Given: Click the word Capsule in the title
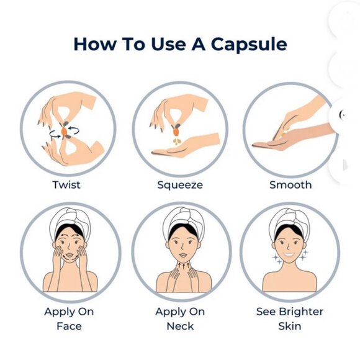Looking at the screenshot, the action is click(x=249, y=45).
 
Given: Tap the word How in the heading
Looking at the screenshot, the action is click(x=95, y=44).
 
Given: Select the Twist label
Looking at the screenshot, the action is click(x=66, y=185).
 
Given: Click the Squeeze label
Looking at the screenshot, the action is click(x=180, y=186).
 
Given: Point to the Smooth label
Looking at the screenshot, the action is click(x=290, y=185).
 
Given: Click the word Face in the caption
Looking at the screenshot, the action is click(x=69, y=326).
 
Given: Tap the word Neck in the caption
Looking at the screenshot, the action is click(x=180, y=326).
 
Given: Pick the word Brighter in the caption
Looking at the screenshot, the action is click(x=301, y=312).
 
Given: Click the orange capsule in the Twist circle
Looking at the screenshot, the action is click(x=64, y=131).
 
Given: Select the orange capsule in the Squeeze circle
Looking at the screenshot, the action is click(x=176, y=132).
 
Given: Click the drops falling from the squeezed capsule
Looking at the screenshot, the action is click(x=176, y=142).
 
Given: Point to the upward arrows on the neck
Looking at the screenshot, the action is click(x=184, y=266).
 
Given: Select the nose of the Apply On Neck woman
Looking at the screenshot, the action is click(x=182, y=247).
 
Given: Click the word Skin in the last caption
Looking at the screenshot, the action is click(x=290, y=326).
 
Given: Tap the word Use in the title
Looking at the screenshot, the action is click(x=168, y=44).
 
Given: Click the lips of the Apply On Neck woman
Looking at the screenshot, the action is click(x=183, y=255).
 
